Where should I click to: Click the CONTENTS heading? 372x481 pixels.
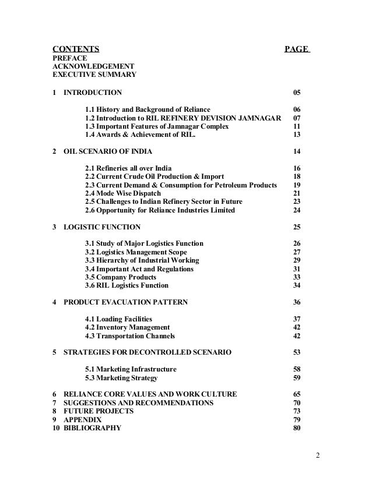coord(76,48)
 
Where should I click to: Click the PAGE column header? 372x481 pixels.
coord(296,48)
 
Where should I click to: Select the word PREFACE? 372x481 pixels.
coord(69,58)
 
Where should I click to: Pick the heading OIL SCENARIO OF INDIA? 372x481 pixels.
coord(108,152)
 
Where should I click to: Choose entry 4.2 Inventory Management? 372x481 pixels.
coord(128,328)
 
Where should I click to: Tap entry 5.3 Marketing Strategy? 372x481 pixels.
coord(121,378)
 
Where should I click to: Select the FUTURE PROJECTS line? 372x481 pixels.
coord(99,411)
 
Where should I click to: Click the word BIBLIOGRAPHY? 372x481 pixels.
coord(93,428)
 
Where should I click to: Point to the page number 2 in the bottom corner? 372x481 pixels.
coord(318,455)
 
